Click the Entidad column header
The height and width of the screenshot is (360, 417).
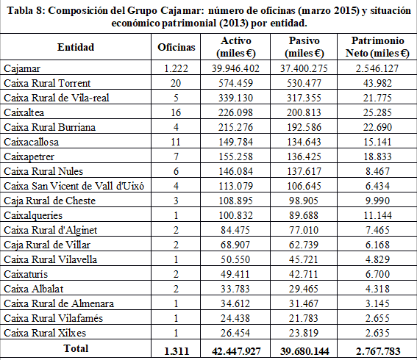pos(76,47)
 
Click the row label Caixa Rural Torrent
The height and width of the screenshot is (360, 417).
pos(48,82)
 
